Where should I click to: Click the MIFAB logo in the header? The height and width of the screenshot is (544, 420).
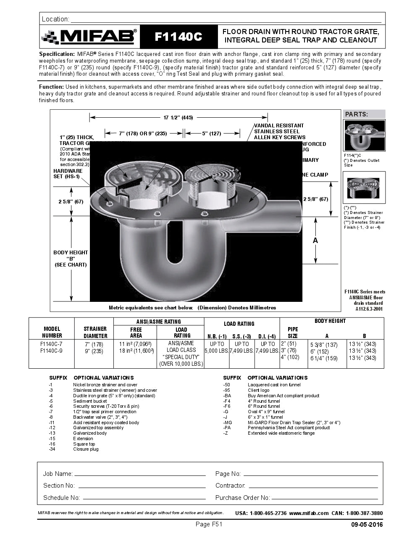(x=89, y=37)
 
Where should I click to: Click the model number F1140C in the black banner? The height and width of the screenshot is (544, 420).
(x=178, y=37)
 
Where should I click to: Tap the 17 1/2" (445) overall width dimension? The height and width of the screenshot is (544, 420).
(x=178, y=118)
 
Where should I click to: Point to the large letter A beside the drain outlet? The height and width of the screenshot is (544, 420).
(x=315, y=240)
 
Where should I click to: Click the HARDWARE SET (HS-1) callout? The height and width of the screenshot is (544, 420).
(x=68, y=174)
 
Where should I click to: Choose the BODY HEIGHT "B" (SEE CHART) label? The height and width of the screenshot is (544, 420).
(x=71, y=259)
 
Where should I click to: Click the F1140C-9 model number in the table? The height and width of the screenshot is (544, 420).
(x=51, y=351)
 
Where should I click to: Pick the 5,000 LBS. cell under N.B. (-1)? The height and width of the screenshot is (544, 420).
(x=216, y=351)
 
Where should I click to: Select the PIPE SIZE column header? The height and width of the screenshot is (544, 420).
(x=293, y=333)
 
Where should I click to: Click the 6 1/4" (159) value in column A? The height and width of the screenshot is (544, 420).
(x=324, y=359)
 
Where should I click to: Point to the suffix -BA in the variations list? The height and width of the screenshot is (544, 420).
(x=227, y=396)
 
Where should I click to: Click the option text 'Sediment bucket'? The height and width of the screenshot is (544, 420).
(x=90, y=401)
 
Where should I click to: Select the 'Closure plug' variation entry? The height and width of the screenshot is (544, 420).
(x=86, y=449)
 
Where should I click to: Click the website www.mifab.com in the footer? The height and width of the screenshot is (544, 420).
(x=309, y=513)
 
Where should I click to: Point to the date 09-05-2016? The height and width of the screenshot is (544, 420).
(x=367, y=525)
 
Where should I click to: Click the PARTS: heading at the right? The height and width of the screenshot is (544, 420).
(x=356, y=114)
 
